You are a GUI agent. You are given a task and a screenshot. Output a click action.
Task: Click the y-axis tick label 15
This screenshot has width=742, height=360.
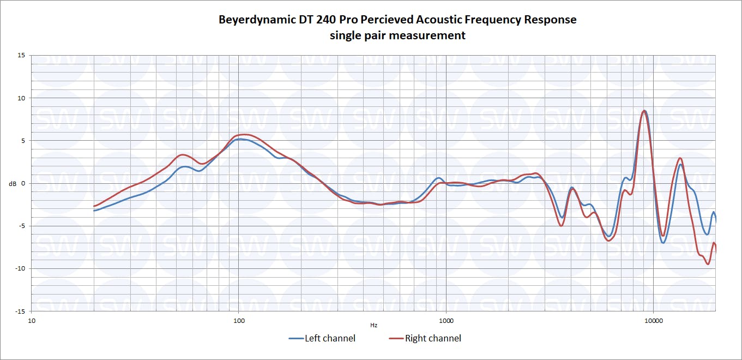21,55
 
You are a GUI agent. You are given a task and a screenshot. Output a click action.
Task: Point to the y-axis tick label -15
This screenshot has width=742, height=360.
20,311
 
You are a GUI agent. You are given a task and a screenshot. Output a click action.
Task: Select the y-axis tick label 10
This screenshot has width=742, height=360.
21,98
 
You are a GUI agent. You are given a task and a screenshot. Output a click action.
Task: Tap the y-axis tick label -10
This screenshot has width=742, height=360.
20,268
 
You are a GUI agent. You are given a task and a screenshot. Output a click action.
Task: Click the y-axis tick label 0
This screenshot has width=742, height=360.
23,183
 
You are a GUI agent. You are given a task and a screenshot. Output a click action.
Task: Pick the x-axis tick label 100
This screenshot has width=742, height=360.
239,321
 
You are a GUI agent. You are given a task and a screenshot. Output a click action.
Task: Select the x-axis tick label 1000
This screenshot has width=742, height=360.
446,321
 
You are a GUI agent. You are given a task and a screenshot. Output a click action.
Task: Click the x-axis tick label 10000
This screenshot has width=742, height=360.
653,321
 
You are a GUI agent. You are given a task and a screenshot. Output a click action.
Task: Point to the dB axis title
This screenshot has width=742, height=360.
12,183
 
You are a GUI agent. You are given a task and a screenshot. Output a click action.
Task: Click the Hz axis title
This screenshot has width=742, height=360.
373,325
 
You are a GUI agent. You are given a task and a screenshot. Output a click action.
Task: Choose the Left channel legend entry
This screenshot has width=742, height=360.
322,338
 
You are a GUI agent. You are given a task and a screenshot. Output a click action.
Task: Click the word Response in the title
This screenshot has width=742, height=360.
550,20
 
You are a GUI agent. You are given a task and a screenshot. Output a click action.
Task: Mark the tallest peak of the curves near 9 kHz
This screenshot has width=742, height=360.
644,111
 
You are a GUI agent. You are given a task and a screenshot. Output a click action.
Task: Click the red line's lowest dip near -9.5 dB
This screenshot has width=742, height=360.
708,264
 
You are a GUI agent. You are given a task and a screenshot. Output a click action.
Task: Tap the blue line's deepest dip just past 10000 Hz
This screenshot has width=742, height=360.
663,242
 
